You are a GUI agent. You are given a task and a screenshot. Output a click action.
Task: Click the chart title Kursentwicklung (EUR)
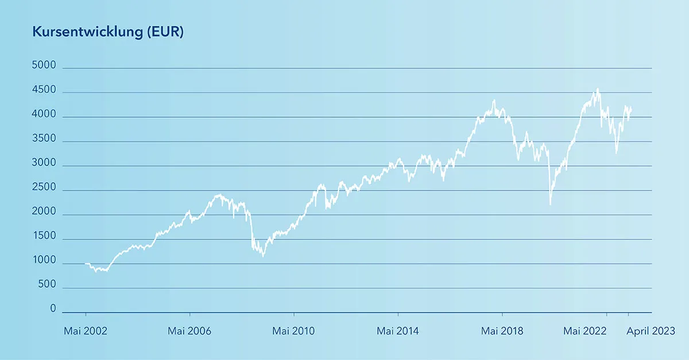coord(108,33)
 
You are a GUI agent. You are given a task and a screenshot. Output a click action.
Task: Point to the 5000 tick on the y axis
coord(44,66)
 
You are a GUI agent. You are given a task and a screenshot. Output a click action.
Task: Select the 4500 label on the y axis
coord(44,90)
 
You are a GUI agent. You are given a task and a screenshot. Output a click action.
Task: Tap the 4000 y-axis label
coord(44,115)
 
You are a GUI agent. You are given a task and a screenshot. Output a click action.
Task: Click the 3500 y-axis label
coord(44,139)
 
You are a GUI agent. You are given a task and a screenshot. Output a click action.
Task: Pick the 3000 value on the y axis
coord(44,164)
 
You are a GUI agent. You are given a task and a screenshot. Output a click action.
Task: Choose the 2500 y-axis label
coord(44,188)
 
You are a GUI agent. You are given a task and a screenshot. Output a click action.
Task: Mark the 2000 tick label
coord(44,212)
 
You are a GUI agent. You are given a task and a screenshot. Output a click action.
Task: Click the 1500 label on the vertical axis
coord(44,237)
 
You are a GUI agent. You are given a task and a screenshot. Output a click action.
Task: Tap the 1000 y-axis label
coord(44,261)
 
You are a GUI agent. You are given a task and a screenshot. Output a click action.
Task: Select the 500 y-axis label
coord(47,285)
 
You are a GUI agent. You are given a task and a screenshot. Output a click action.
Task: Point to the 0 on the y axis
coord(53,309)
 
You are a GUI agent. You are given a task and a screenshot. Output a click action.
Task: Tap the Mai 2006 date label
coord(189,331)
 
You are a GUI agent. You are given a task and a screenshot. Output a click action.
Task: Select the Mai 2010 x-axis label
coord(293,331)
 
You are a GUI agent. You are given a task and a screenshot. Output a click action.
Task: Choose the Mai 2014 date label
coord(398,331)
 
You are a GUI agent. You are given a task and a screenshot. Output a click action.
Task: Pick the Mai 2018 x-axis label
coord(502,331)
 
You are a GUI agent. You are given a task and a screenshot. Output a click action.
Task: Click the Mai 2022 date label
coord(584,331)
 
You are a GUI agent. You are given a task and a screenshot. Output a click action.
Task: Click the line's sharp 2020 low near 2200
coord(550,204)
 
